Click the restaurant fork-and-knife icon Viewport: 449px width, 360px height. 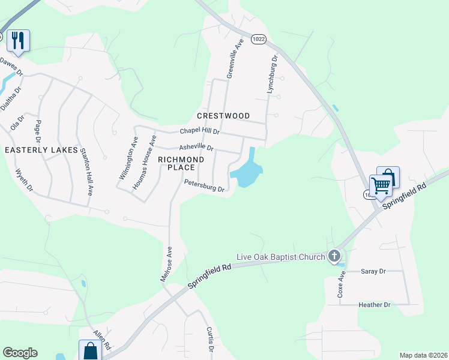point(17,40)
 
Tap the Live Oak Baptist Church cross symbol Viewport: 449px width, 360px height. point(334,257)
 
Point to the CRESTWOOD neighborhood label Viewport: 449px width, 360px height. point(223,116)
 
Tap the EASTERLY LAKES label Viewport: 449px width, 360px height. point(41,150)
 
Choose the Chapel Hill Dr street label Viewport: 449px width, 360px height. point(200,132)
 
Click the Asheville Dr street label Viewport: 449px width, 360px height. point(196,147)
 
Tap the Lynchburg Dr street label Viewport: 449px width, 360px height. point(272,74)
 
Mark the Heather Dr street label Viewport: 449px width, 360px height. point(374,305)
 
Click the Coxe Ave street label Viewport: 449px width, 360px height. point(341,284)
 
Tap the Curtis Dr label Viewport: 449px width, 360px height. point(209,339)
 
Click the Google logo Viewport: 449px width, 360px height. point(20,353)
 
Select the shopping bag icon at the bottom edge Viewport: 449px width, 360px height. point(89,350)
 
